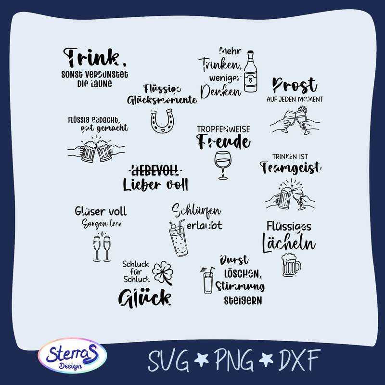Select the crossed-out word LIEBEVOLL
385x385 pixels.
tap(155, 169)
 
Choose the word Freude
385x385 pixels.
tap(224, 142)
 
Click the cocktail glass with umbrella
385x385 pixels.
tap(206, 280)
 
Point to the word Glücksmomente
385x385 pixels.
tap(162, 100)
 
